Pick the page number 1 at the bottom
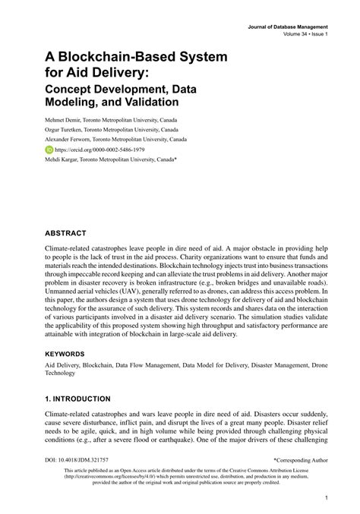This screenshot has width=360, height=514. (x=326, y=498)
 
